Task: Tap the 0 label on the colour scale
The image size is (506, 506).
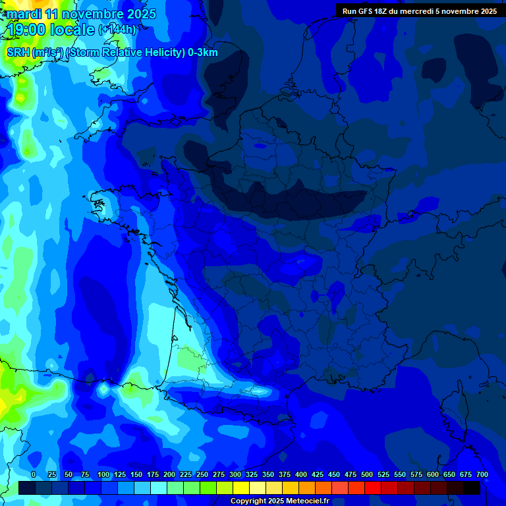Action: [34, 474]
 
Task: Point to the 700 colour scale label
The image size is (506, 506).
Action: [482, 474]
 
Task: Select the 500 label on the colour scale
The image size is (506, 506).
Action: [367, 474]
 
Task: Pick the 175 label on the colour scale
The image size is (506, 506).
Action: [153, 474]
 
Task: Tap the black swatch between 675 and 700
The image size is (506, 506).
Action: [471, 488]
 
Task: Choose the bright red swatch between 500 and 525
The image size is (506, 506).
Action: [372, 488]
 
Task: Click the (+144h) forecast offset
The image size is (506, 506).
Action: [117, 30]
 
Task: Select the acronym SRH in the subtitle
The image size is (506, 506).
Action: [18, 53]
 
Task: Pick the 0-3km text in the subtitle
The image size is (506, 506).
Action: [202, 53]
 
